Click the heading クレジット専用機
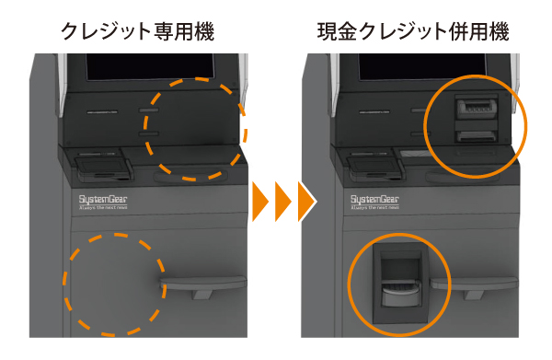coord(137,31)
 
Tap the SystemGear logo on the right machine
coord(373,198)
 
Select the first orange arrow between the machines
coord(260,197)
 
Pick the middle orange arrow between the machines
coord(282,197)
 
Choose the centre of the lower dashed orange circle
coord(113,283)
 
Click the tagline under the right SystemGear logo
coord(373,210)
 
